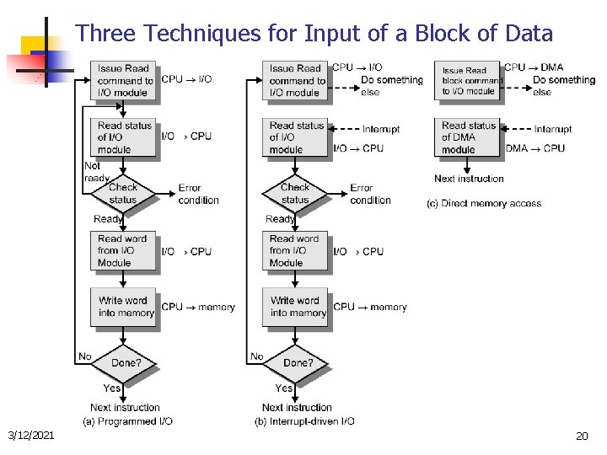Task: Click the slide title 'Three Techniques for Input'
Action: tap(314, 34)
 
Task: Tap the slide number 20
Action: tap(581, 436)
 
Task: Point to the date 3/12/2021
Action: tap(31, 436)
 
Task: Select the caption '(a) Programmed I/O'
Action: tap(128, 420)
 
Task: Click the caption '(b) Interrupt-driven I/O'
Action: tap(304, 420)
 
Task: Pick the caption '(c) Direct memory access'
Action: tap(485, 203)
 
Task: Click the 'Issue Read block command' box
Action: tap(469, 81)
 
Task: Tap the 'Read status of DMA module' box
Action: tap(468, 137)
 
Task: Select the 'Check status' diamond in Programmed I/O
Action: tap(123, 194)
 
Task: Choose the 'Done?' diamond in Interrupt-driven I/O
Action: tap(296, 363)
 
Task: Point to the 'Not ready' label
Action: tap(96, 172)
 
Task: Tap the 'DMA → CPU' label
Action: tap(535, 148)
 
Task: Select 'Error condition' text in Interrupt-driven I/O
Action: tap(370, 194)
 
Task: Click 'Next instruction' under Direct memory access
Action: tap(469, 179)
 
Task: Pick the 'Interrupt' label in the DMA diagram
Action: tap(553, 129)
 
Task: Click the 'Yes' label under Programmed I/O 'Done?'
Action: tap(112, 388)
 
